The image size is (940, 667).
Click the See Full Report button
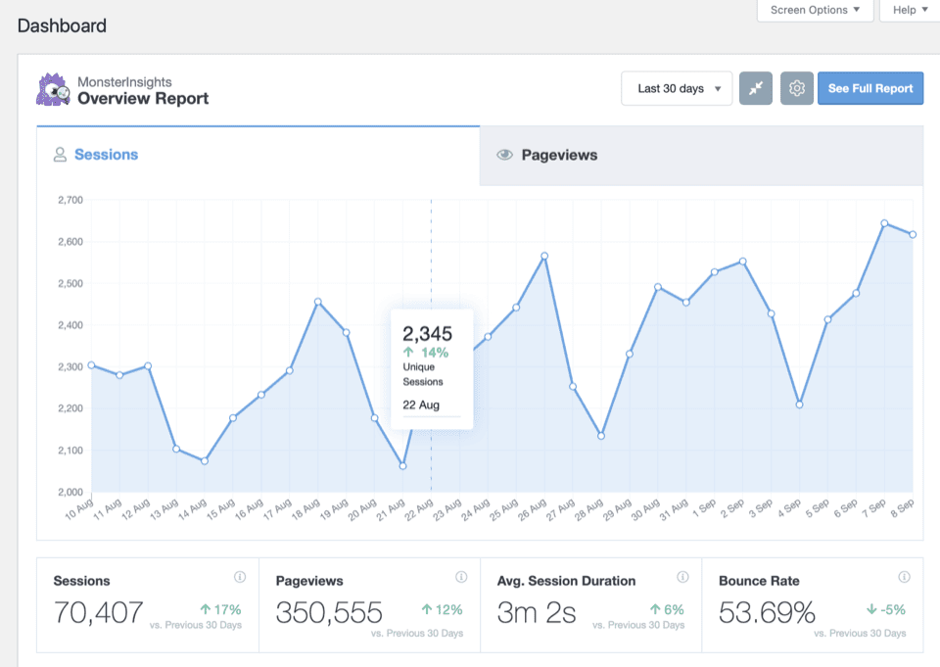point(870,88)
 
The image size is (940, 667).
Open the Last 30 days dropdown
point(677,88)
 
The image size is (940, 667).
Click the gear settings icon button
point(797,88)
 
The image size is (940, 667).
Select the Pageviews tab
point(701,155)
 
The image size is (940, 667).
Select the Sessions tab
point(258,155)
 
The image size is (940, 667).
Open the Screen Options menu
point(815,10)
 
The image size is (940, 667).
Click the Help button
point(910,10)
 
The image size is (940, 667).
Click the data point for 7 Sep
point(884,223)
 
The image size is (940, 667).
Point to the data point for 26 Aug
point(544,256)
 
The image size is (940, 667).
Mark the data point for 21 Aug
point(402,466)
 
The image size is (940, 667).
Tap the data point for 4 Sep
point(799,405)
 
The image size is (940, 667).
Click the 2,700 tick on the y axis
point(70,200)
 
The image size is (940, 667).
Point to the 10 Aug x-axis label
point(78,508)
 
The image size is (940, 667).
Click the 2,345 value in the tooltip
point(428,334)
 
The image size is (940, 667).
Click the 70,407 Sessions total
point(99,613)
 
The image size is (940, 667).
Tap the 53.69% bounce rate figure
point(767,613)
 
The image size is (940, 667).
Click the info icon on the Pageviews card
point(461,577)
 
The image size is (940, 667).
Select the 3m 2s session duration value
point(536,613)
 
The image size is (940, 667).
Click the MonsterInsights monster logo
point(53,89)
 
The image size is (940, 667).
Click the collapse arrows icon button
point(756,88)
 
